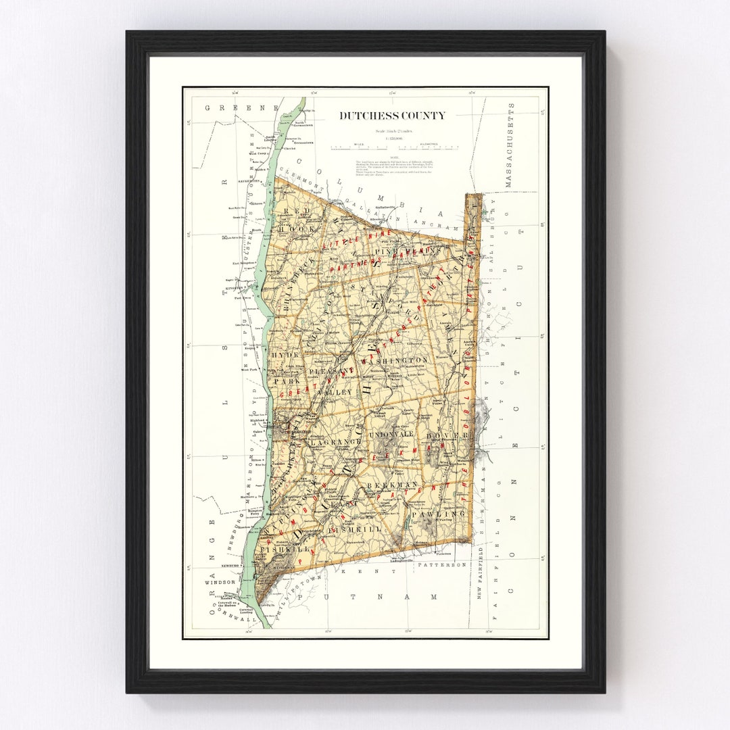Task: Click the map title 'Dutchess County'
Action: pos(392,116)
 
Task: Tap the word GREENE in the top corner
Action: pos(223,107)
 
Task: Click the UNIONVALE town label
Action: pos(390,434)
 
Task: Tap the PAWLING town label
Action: pos(446,514)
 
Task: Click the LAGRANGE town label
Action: pos(326,441)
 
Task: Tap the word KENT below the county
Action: pos(352,572)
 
